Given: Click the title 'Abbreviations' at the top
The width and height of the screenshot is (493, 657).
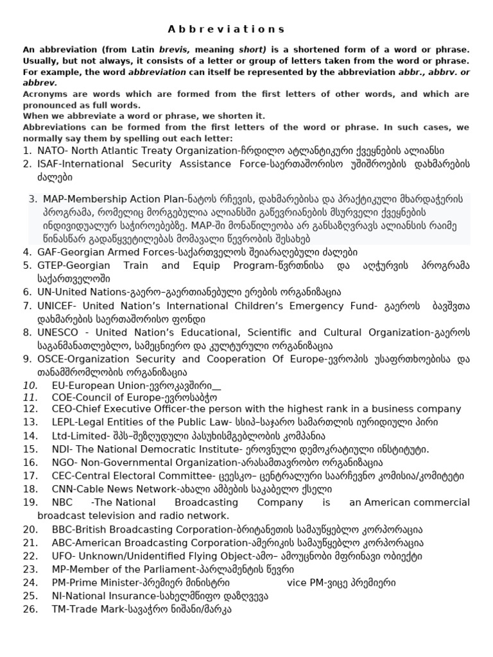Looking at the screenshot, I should coord(226,30).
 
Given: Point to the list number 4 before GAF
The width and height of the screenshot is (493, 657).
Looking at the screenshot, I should coord(26,252).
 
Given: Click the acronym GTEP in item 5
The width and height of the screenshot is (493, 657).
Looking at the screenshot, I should coord(51,266).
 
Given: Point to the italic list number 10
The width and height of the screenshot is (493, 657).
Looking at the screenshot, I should coord(30,386).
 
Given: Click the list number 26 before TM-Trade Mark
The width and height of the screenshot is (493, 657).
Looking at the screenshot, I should coord(30,610).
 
